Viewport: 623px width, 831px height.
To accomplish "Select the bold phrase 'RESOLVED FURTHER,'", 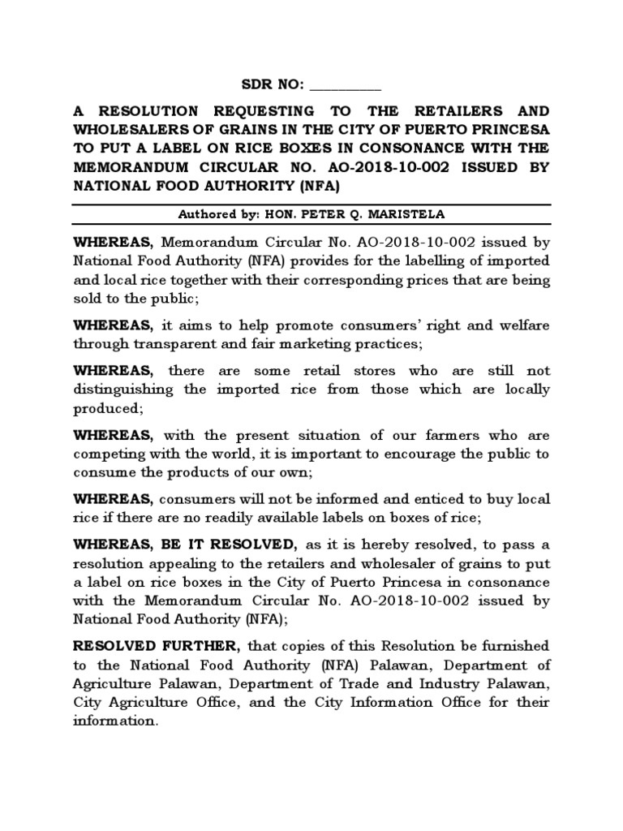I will coord(155,647).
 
